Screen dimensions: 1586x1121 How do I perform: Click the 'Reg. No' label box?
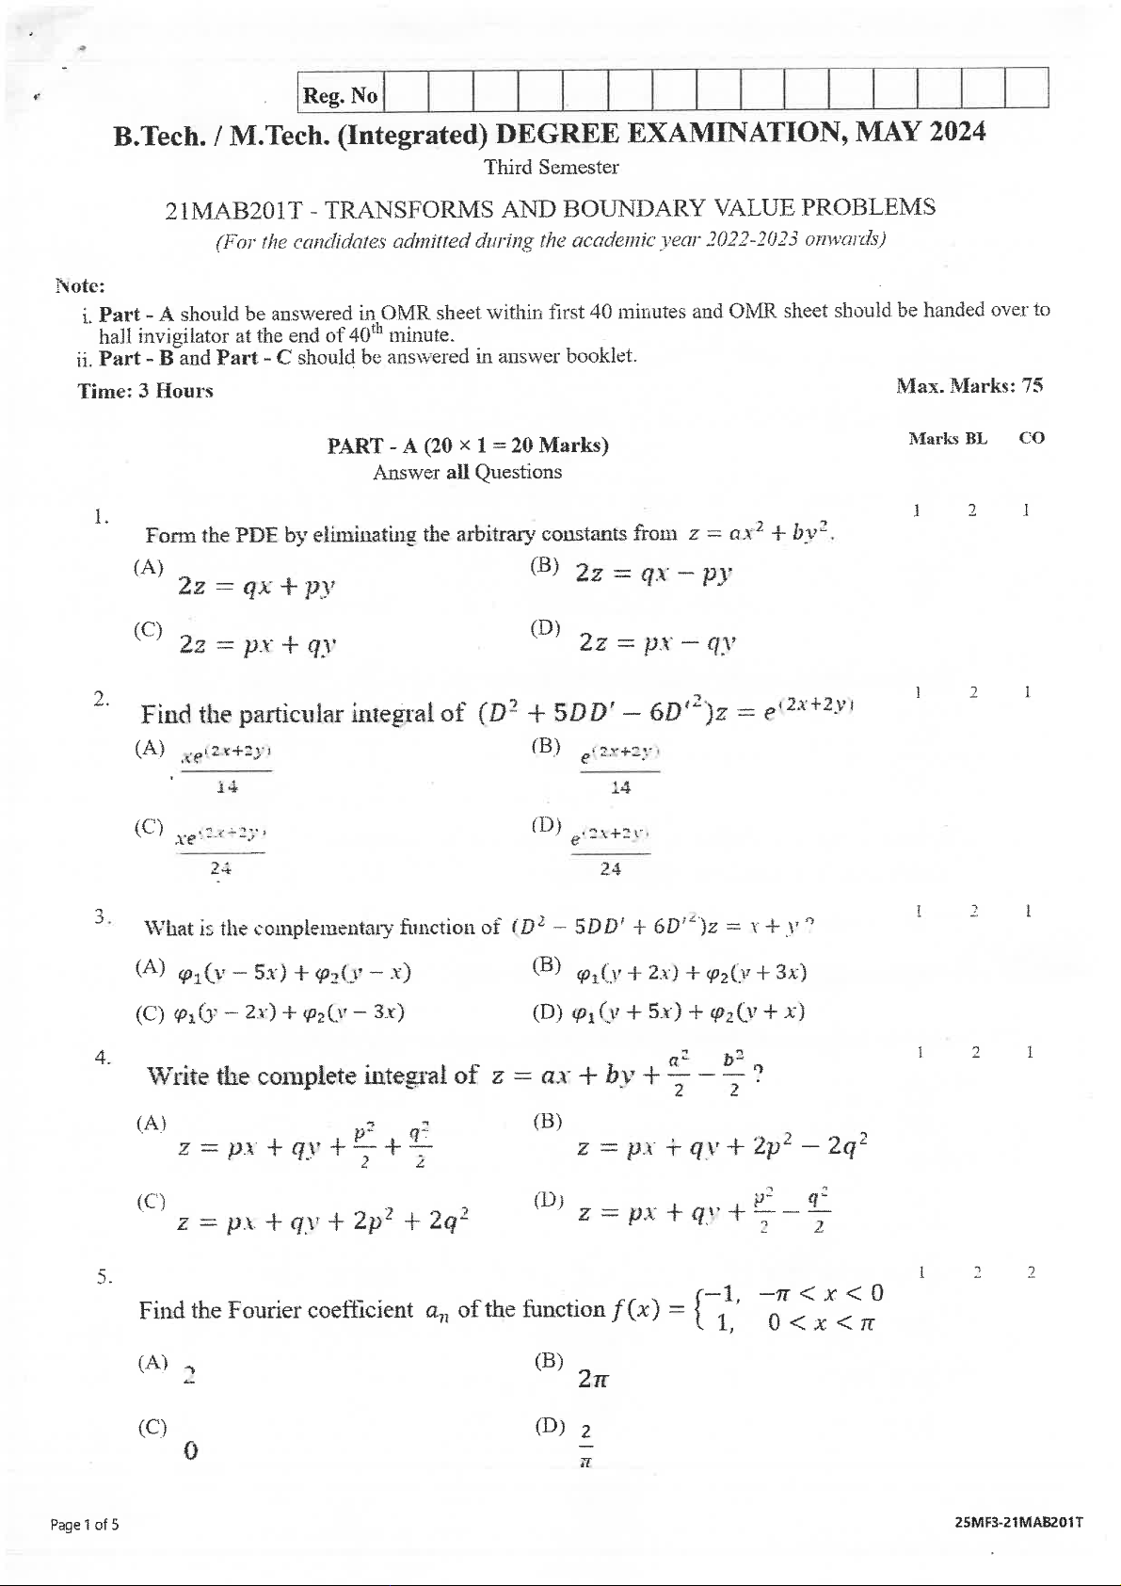(341, 94)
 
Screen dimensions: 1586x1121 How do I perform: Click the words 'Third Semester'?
(551, 168)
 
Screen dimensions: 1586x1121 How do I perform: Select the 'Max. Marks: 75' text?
(969, 385)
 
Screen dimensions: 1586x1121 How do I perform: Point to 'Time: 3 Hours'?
(145, 391)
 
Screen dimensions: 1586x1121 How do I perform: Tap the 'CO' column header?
(1032, 438)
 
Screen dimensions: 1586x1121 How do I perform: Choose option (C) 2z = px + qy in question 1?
(257, 644)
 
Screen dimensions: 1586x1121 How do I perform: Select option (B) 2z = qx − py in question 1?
(653, 573)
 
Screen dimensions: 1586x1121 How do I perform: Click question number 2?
(101, 698)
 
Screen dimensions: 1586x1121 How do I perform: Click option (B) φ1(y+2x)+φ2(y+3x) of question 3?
(691, 972)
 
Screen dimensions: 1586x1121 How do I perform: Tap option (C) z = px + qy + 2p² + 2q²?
(323, 1221)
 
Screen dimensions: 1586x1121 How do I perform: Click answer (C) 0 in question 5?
(189, 1450)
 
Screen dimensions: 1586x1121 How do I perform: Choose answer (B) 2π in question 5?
(593, 1380)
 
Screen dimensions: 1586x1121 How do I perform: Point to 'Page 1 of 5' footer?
(85, 1524)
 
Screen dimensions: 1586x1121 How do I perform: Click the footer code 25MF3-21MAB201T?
(1018, 1522)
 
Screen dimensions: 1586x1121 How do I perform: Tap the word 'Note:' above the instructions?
(80, 285)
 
